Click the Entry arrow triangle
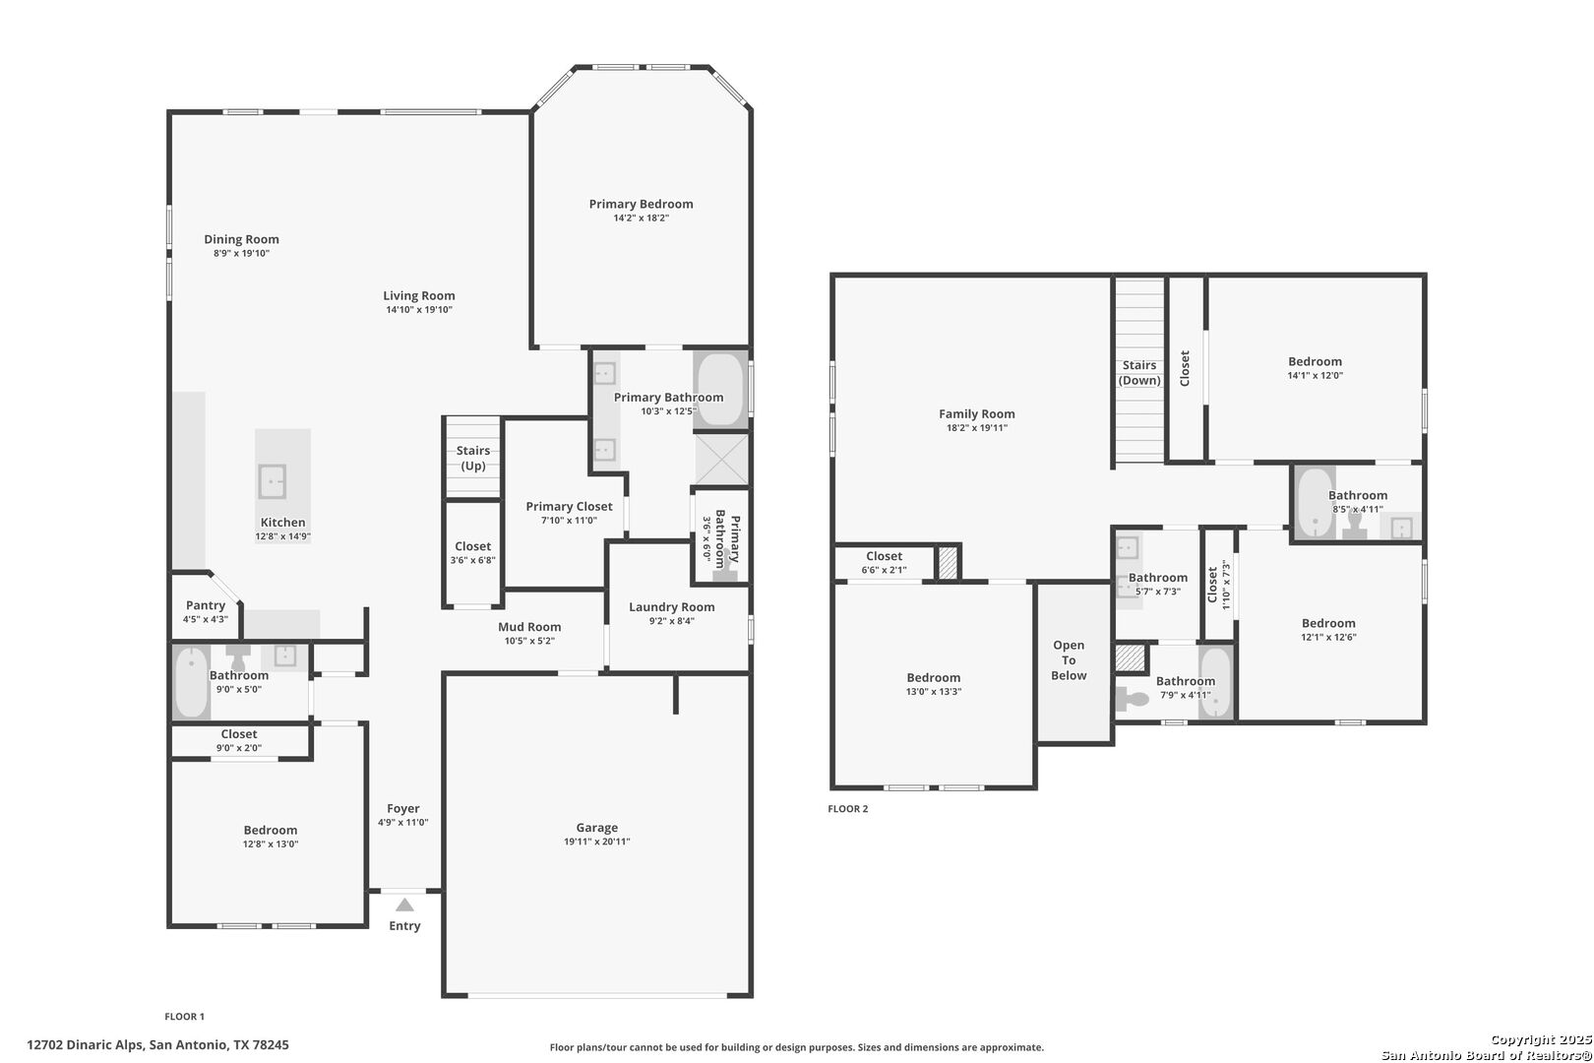tap(405, 905)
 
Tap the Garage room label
tap(597, 828)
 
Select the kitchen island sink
tap(272, 481)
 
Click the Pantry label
tap(206, 605)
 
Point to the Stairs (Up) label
tap(473, 458)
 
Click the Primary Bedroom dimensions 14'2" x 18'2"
tap(642, 218)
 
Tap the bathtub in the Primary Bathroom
tap(721, 390)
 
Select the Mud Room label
tap(529, 627)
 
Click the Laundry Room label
tap(672, 606)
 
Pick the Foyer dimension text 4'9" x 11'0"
tap(402, 822)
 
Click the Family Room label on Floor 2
tap(976, 413)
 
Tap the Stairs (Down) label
tap(1139, 372)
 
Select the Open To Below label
tap(1069, 660)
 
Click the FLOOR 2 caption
tap(847, 809)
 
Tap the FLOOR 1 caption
tap(184, 1017)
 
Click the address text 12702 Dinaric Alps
tap(86, 1045)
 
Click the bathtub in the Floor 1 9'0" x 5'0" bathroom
tap(192, 682)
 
